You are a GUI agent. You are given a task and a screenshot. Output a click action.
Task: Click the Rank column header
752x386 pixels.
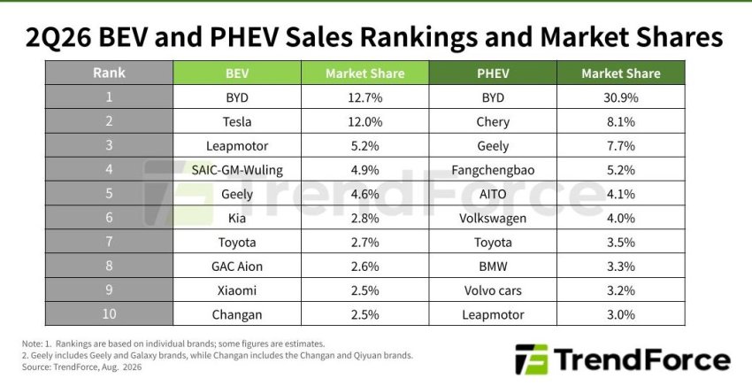109,73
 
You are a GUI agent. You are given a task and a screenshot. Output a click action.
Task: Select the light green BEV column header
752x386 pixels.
237,73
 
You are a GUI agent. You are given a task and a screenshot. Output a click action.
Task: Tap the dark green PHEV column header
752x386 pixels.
493,73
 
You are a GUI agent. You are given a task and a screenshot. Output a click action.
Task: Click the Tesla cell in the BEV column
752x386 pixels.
237,121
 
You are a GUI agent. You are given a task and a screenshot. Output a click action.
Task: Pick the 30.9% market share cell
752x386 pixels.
620,97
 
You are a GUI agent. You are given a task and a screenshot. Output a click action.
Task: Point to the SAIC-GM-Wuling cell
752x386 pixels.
237,169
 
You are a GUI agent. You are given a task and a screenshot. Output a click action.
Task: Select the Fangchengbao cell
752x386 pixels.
493,169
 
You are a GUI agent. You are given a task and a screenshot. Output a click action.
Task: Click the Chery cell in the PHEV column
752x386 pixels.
493,121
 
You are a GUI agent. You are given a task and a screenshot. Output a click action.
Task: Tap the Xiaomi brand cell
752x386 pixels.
237,290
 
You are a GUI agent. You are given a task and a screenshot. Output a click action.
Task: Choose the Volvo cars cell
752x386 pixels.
493,290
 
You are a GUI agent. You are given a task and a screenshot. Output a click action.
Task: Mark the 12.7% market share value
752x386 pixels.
365,97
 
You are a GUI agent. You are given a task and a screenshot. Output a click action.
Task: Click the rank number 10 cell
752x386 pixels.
109,314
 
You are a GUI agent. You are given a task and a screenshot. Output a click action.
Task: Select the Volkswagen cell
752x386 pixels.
493,218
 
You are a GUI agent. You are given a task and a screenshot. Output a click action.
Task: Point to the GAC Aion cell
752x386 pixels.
237,266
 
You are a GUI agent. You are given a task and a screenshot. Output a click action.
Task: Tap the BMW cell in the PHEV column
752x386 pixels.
493,266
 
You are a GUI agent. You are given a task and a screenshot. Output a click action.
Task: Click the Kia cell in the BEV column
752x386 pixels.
237,218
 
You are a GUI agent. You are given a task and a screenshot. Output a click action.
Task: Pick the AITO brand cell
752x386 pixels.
493,194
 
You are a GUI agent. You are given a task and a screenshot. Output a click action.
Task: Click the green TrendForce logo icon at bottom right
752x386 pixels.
532,359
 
